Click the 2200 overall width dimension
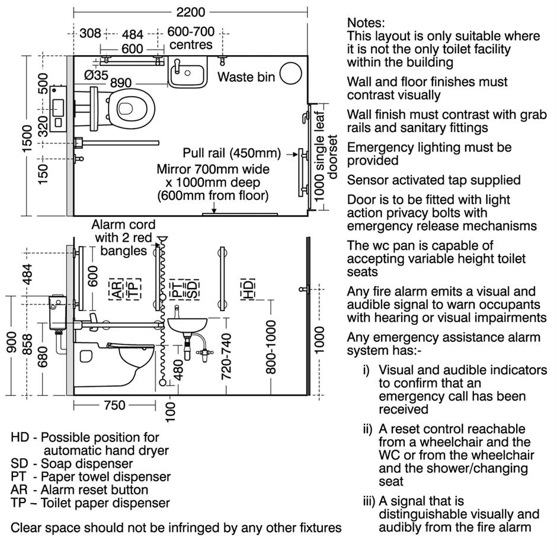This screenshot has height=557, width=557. pyautogui.click(x=190, y=12)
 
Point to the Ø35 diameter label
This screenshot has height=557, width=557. pyautogui.click(x=96, y=75)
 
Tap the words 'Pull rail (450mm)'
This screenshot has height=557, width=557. pyautogui.click(x=232, y=153)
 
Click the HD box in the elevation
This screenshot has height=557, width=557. pyautogui.click(x=248, y=288)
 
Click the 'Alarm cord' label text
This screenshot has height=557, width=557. pyautogui.click(x=123, y=225)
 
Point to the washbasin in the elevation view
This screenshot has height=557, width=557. pyautogui.click(x=187, y=324)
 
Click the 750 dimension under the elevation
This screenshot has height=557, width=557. pyautogui.click(x=114, y=405)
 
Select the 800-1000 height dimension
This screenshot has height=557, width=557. pyautogui.click(x=271, y=347)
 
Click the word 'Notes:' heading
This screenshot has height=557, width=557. pyautogui.click(x=366, y=23)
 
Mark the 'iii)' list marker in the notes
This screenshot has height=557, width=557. pyautogui.click(x=369, y=501)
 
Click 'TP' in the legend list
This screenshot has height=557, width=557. pyautogui.click(x=18, y=503)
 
